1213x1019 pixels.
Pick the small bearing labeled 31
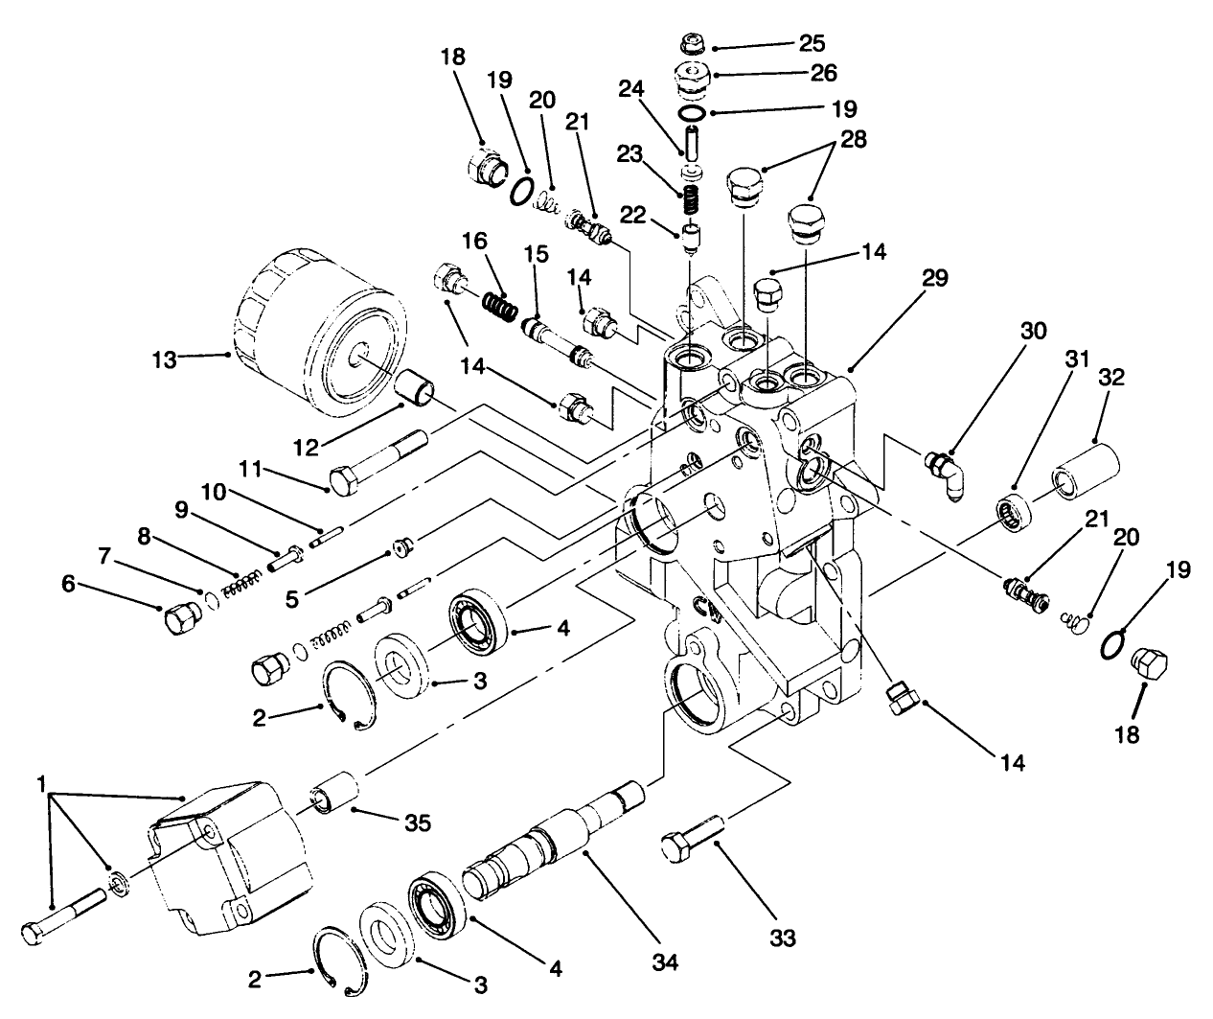click(1010, 508)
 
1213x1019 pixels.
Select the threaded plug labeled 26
click(689, 79)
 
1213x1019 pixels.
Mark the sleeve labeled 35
click(333, 798)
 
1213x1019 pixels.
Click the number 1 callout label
click(41, 784)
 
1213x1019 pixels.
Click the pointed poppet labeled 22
click(689, 238)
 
